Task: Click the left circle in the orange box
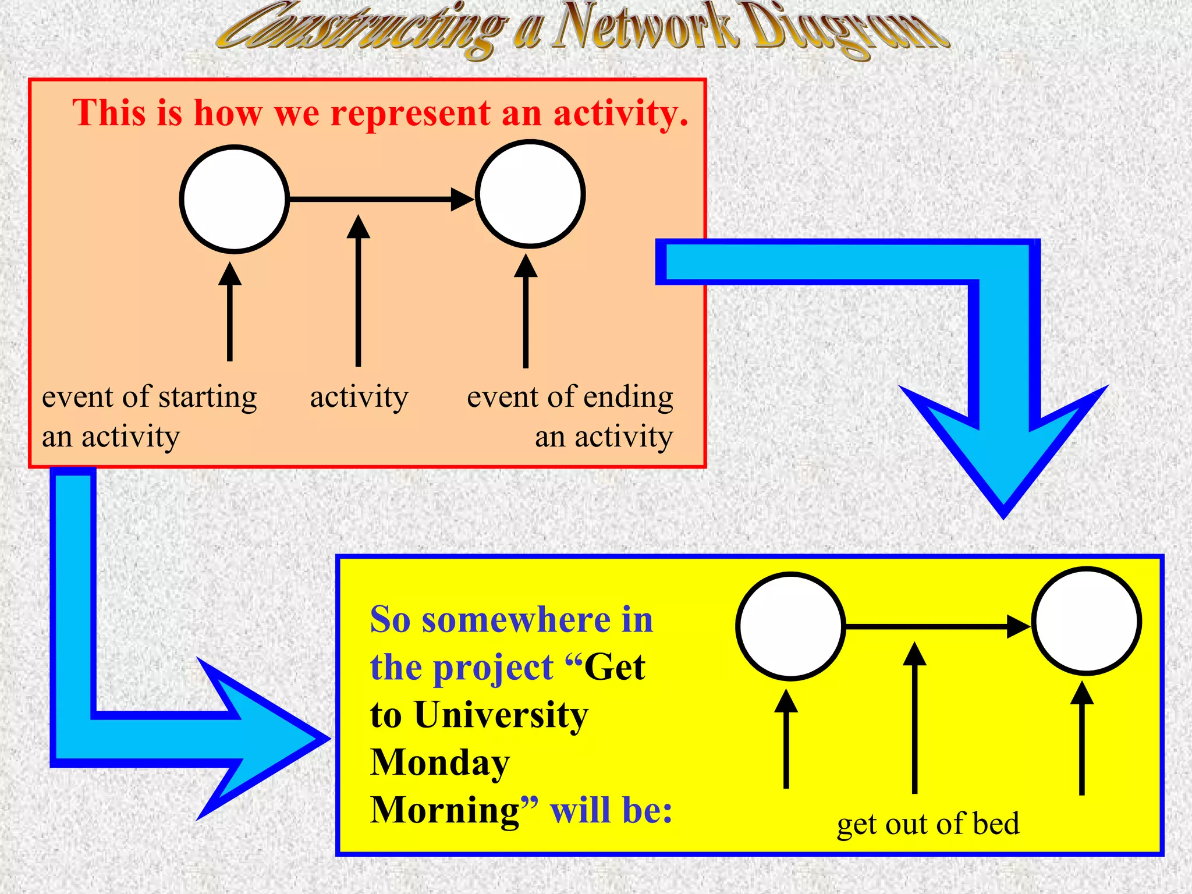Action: (x=234, y=200)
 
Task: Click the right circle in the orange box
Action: (x=530, y=194)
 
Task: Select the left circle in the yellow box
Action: (x=790, y=626)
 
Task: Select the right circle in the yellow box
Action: (x=1087, y=621)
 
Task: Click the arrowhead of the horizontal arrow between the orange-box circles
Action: (x=463, y=199)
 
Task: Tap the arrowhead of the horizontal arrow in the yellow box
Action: (x=1019, y=626)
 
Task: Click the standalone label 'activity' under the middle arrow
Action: (x=359, y=398)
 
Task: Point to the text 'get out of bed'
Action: (x=928, y=824)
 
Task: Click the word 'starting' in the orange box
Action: (x=207, y=398)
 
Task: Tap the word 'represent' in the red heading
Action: (x=410, y=112)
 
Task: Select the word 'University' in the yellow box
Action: (x=501, y=715)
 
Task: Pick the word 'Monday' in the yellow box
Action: (x=440, y=762)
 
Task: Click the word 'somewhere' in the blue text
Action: (x=516, y=619)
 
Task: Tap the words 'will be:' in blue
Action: (x=611, y=810)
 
